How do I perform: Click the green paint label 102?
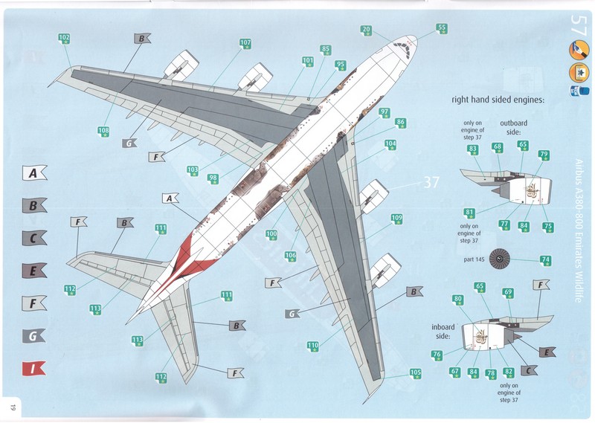click(x=65, y=38)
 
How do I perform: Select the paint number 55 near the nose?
click(x=442, y=29)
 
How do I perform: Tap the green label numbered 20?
click(x=366, y=30)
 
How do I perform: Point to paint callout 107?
click(x=245, y=43)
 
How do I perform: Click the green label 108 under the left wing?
click(x=104, y=132)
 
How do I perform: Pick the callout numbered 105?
click(x=415, y=373)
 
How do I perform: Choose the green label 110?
click(x=313, y=346)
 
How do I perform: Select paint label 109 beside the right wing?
click(x=397, y=219)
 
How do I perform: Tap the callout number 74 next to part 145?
click(x=546, y=260)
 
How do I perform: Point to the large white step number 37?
click(x=432, y=182)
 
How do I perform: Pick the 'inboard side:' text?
click(x=445, y=330)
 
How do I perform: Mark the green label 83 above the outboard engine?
click(x=472, y=149)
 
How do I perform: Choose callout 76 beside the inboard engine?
click(x=437, y=355)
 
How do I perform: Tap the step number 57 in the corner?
click(x=579, y=21)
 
